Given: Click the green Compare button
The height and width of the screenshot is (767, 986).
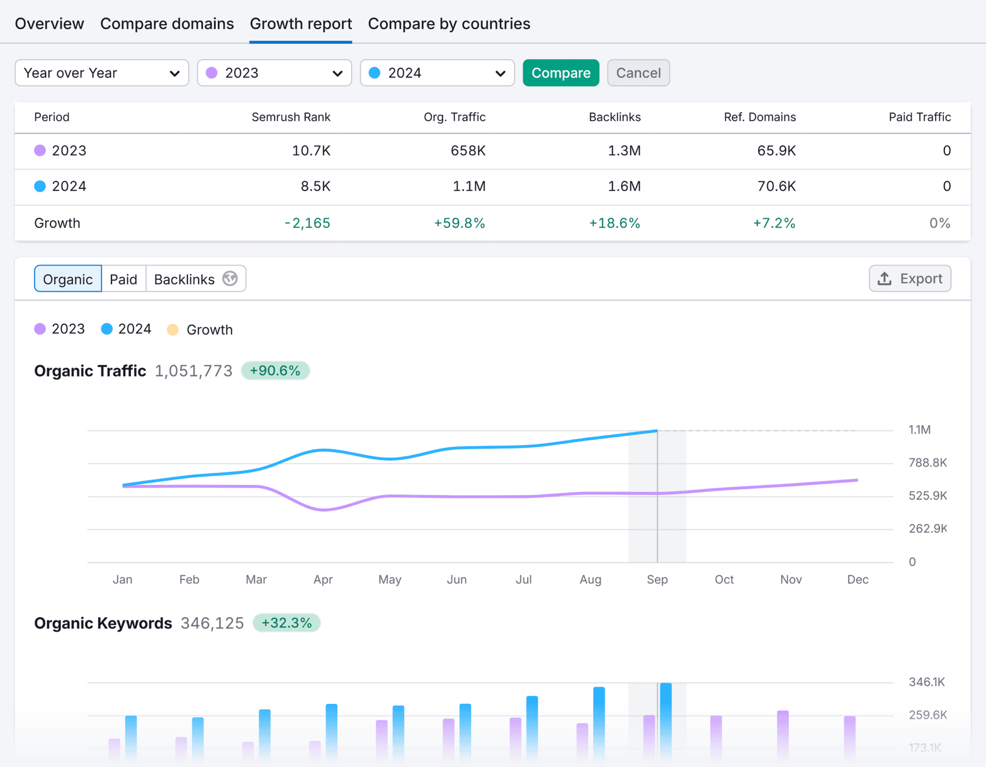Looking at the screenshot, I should click(560, 73).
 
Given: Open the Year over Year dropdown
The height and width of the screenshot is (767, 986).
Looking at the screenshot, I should click(102, 73).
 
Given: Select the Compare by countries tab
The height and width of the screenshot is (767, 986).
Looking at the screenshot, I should click(449, 24).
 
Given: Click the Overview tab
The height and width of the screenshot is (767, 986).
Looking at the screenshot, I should click(49, 24).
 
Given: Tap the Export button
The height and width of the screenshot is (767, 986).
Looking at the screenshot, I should click(909, 278).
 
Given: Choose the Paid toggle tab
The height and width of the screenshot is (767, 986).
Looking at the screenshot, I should click(123, 279).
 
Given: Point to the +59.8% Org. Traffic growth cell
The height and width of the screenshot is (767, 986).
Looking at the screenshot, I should click(459, 223).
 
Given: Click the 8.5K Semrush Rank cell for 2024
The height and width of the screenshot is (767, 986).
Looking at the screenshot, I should click(315, 186).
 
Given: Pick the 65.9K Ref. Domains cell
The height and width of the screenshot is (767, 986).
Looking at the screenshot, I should click(776, 151).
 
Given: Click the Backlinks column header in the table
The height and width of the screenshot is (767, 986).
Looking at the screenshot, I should click(614, 117).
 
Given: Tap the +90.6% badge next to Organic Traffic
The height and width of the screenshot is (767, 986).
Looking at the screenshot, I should click(275, 370).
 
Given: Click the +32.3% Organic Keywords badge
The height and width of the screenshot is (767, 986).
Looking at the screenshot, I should click(286, 623).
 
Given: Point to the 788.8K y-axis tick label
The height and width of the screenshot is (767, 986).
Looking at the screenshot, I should click(927, 462).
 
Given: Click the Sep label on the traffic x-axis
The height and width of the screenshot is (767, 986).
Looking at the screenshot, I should click(657, 579).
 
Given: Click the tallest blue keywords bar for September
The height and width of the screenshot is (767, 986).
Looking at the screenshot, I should click(666, 719).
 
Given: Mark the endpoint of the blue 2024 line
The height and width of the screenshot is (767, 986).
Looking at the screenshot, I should click(657, 431).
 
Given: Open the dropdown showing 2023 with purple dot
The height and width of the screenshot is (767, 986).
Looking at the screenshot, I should click(274, 73).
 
